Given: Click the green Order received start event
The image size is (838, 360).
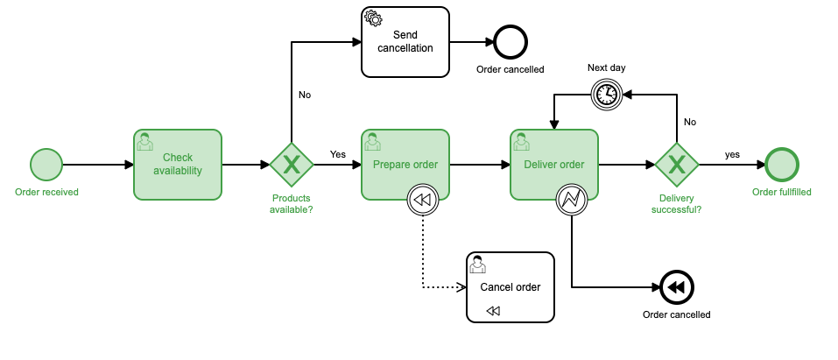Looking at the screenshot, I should pos(46,165).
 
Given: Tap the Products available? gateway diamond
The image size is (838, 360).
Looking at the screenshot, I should pos(291,165).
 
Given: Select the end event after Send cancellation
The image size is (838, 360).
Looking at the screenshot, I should pos(510,41).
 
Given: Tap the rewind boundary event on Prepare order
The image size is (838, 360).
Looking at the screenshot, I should pos(422,201).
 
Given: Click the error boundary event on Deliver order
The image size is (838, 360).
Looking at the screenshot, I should pos(571,201).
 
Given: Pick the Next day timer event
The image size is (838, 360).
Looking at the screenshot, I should pos(606,94).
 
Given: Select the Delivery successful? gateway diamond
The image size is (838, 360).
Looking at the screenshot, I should pos(676,165).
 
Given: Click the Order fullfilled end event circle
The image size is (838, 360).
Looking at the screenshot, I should pos(781,165).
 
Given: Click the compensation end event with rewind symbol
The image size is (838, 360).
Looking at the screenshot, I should pos(676,287).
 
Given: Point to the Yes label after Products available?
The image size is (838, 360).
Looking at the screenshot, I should pos(337,154).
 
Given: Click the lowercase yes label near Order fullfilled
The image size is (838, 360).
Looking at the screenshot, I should pos(732,154).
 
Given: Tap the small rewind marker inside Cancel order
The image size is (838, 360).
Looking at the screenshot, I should pos(493,310).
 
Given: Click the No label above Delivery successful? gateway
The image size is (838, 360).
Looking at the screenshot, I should pos(690,122).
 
